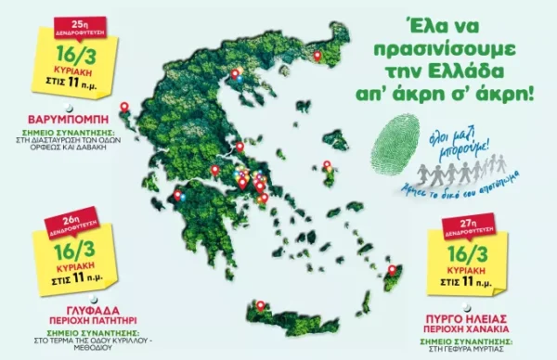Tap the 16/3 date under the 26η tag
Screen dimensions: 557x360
tap(67, 251)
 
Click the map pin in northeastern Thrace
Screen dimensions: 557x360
tap(317, 56)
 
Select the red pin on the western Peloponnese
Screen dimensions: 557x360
tap(178, 194)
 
